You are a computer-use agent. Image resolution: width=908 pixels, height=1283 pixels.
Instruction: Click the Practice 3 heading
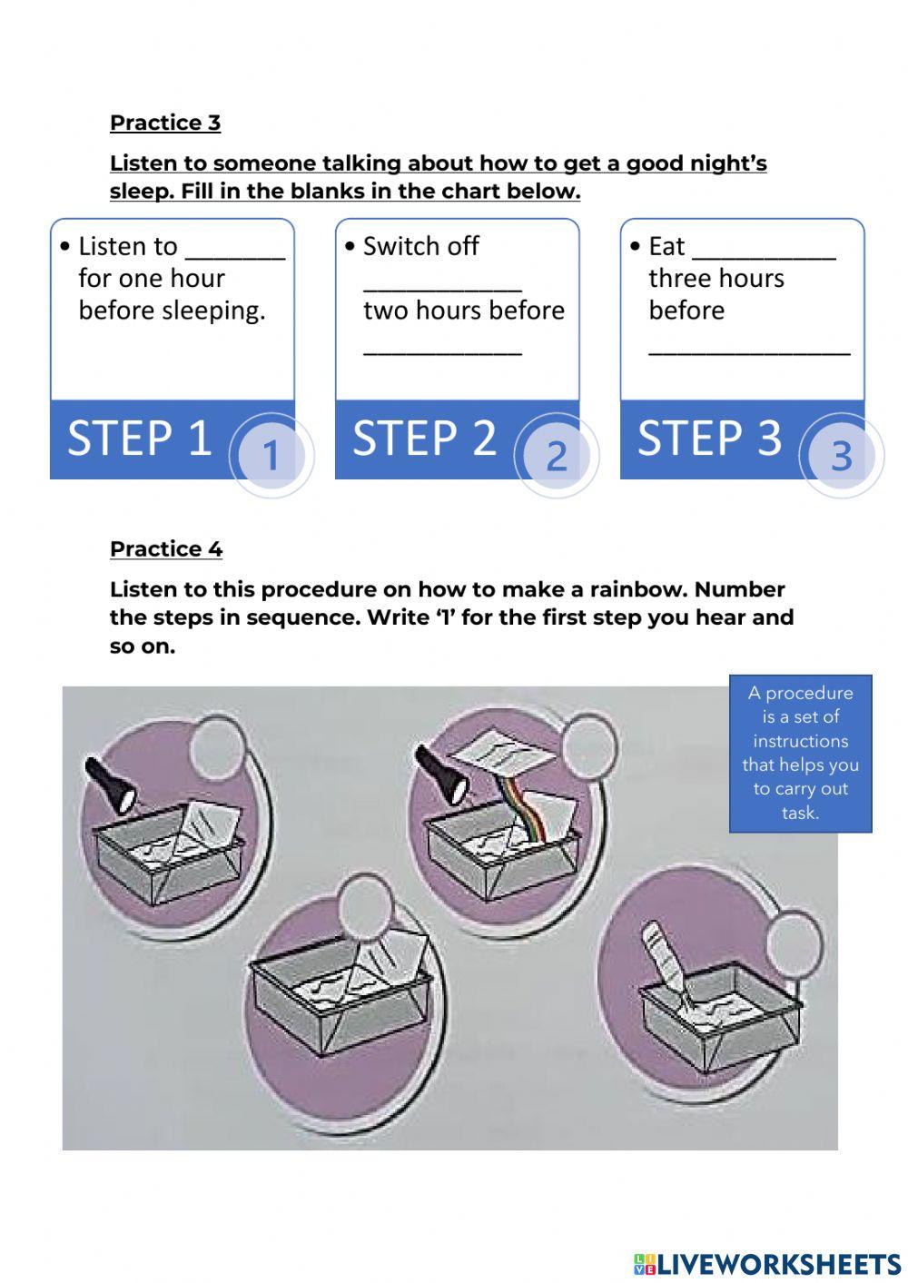[x=164, y=123]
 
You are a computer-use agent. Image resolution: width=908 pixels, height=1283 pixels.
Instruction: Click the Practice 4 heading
[x=165, y=549]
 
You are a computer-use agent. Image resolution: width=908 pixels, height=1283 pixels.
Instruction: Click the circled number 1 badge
[x=271, y=455]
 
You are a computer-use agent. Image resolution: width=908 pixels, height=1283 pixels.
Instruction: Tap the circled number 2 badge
[x=556, y=455]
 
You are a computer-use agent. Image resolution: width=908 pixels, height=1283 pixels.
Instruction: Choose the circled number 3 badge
[x=841, y=455]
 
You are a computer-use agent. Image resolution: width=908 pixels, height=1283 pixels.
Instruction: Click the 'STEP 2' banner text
[x=424, y=439]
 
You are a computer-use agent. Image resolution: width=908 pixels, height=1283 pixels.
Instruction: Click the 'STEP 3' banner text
[x=709, y=439]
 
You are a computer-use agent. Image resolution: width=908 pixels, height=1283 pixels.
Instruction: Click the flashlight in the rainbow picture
[x=442, y=774]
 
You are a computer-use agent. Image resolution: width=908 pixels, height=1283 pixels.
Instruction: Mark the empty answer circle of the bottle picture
[x=793, y=944]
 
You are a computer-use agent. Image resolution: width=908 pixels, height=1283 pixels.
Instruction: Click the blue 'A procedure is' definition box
[x=800, y=753]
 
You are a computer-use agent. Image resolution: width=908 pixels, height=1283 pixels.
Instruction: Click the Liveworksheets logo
[x=767, y=1264]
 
